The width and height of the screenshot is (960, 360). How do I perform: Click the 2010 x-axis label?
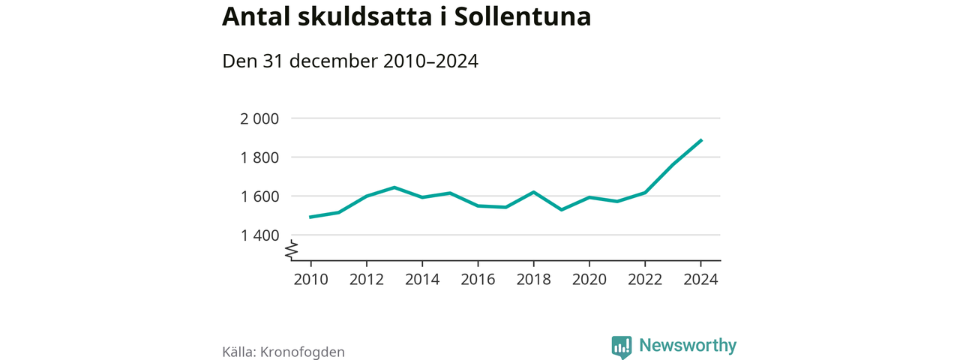coord(310,279)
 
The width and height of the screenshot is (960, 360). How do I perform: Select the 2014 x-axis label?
coord(422,279)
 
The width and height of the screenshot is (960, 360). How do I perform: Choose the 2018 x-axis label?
coord(533,279)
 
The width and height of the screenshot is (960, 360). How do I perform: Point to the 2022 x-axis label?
coord(645,279)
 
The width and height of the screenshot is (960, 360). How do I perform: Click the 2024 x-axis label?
coord(700,279)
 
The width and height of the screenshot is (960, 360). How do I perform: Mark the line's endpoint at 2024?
coord(700,140)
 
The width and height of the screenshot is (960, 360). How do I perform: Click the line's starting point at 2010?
coord(310,217)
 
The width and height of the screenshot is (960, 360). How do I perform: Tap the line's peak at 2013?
coord(394,187)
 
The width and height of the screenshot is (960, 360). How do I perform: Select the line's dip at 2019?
coord(561,209)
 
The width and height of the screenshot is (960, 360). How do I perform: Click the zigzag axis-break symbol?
coord(292,250)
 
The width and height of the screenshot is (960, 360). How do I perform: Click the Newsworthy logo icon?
coord(622,346)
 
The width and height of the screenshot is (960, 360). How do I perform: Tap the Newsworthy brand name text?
coord(688,346)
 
